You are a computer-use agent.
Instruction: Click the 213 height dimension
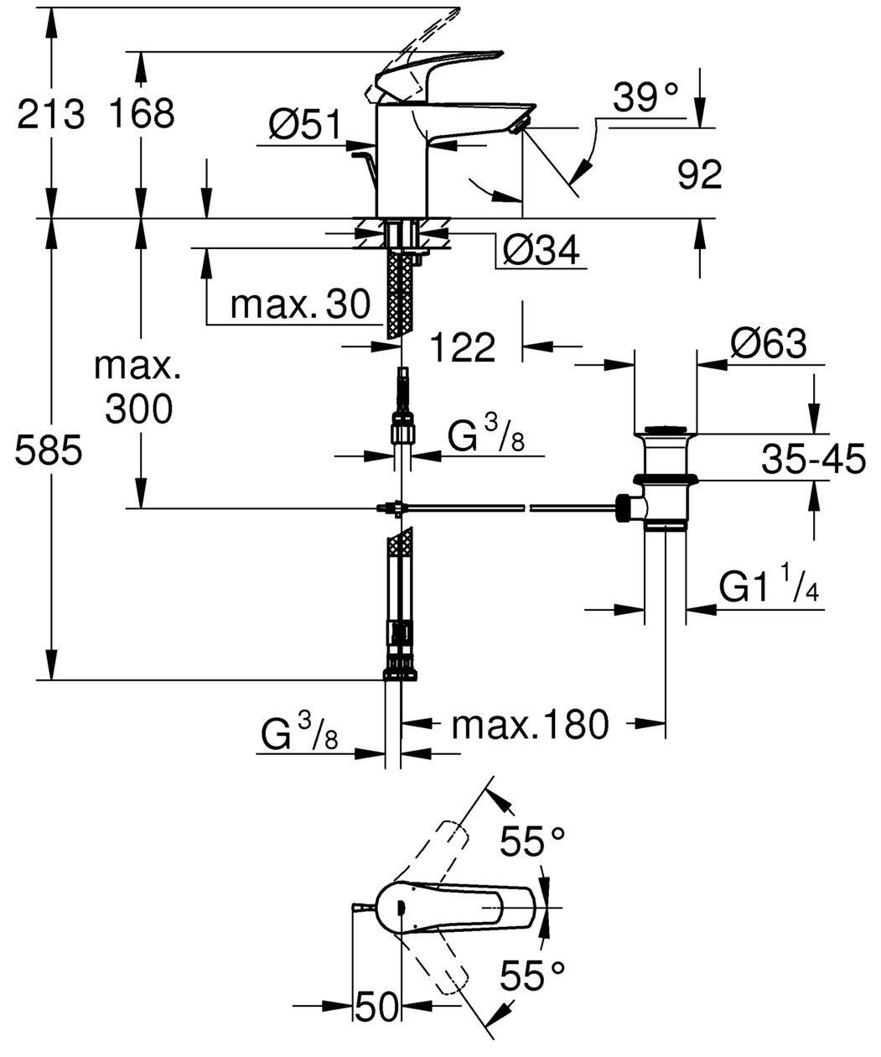[50, 114]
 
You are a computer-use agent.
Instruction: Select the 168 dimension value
[143, 113]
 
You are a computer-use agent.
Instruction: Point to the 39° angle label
[645, 97]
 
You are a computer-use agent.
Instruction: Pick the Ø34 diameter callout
[541, 251]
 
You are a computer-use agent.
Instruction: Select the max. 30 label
[300, 305]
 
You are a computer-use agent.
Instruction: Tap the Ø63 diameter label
[768, 344]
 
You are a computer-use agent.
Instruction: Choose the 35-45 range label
[813, 459]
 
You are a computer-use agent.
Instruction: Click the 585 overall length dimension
[48, 450]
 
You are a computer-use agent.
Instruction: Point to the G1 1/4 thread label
[769, 586]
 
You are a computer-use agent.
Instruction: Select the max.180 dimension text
[530, 724]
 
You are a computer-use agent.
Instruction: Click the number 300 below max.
[139, 409]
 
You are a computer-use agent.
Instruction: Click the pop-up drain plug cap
[666, 430]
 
